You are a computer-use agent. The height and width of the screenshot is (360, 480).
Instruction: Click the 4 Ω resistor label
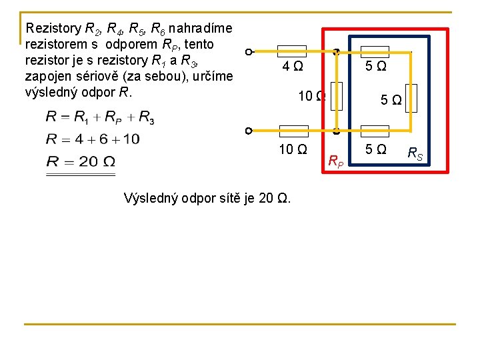(x=293, y=67)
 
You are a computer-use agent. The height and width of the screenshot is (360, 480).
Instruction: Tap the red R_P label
(x=337, y=160)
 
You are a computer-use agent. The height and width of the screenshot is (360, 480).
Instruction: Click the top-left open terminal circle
(x=248, y=52)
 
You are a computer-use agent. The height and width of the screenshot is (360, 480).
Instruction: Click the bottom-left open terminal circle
(x=248, y=131)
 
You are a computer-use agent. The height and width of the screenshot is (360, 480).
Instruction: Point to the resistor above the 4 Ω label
(x=291, y=51)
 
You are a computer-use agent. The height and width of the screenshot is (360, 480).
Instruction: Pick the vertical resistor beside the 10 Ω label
(x=336, y=96)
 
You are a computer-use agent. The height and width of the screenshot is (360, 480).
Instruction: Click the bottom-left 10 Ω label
(x=293, y=149)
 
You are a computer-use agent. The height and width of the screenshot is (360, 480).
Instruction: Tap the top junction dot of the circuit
(x=337, y=52)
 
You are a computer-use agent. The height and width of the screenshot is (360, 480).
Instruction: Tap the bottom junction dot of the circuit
(x=337, y=131)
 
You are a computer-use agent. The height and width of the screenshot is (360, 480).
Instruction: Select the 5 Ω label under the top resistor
(x=375, y=67)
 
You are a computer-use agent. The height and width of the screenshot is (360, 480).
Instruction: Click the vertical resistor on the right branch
(x=411, y=95)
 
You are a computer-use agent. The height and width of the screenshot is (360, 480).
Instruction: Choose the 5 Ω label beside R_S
(x=375, y=149)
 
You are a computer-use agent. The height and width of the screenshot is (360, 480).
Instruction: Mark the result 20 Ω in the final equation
(x=93, y=161)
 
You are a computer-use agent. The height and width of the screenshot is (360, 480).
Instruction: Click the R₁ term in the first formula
(x=80, y=117)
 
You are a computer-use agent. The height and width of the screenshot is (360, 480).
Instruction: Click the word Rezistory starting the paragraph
(x=52, y=29)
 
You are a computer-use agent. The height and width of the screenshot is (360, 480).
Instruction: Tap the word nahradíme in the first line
(x=200, y=29)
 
